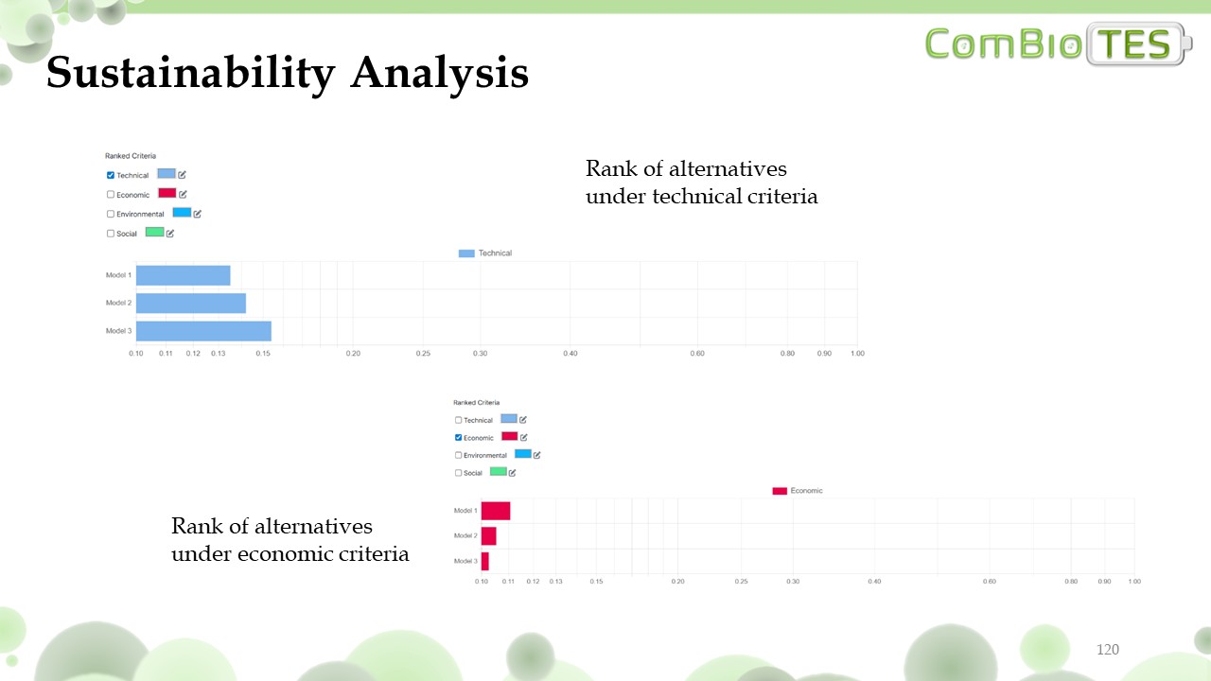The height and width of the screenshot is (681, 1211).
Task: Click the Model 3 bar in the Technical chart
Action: coord(203,331)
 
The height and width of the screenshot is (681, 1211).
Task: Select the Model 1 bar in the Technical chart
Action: coord(183,275)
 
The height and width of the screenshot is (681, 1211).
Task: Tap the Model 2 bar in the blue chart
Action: coord(190,303)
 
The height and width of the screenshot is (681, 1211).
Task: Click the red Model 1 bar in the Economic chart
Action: coord(495,511)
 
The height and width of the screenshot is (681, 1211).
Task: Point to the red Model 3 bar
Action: coord(484,561)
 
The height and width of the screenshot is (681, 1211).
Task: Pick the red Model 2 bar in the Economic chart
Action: coord(488,535)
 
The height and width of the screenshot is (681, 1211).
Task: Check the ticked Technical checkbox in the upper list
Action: coord(111,175)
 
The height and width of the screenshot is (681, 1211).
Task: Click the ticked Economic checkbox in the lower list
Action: coord(459,438)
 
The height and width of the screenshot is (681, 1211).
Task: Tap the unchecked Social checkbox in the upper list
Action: coord(111,234)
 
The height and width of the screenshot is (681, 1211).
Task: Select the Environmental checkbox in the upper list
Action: coord(111,214)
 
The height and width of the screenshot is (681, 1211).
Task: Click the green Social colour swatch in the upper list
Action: coord(154,232)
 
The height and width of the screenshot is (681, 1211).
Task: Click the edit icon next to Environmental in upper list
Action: coord(197,214)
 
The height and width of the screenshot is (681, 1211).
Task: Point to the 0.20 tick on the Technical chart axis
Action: coord(353,354)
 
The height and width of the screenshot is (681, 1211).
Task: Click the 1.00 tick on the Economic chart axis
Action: coord(1134,581)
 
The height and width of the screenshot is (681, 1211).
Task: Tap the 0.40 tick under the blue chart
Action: coord(570,354)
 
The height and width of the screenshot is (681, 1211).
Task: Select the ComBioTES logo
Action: coord(1058,44)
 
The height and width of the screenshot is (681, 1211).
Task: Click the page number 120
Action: coord(1107,650)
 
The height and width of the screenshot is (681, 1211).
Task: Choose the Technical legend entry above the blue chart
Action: coord(485,253)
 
